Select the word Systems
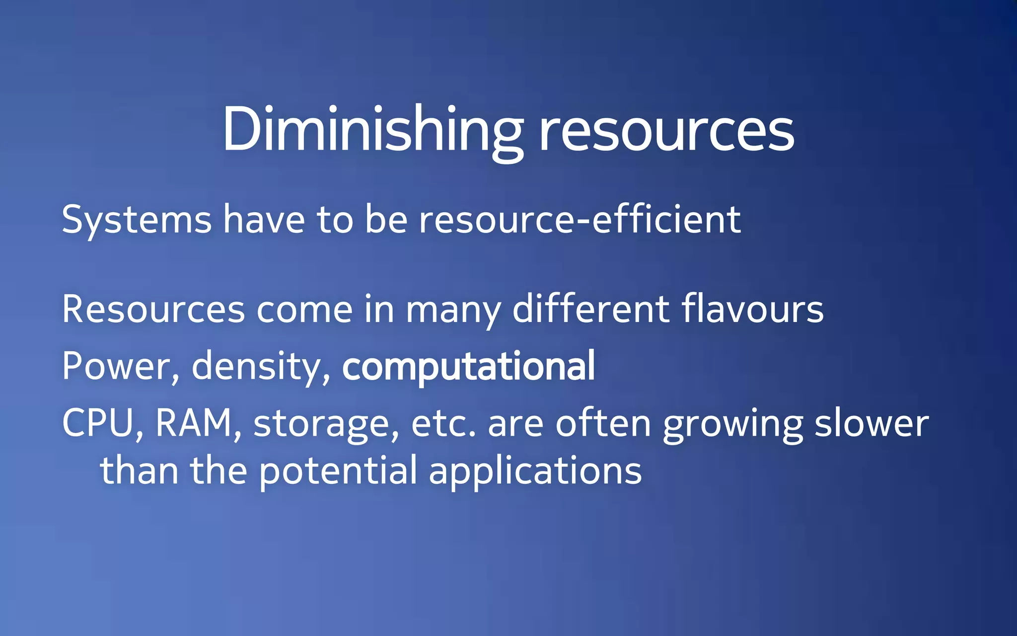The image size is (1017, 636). tap(137, 220)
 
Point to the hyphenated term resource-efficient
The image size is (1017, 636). tap(580, 220)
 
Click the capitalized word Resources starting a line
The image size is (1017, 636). tap(153, 309)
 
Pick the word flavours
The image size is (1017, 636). tap(752, 309)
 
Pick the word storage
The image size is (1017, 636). tap(326, 425)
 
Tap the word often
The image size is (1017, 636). tap(603, 423)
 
